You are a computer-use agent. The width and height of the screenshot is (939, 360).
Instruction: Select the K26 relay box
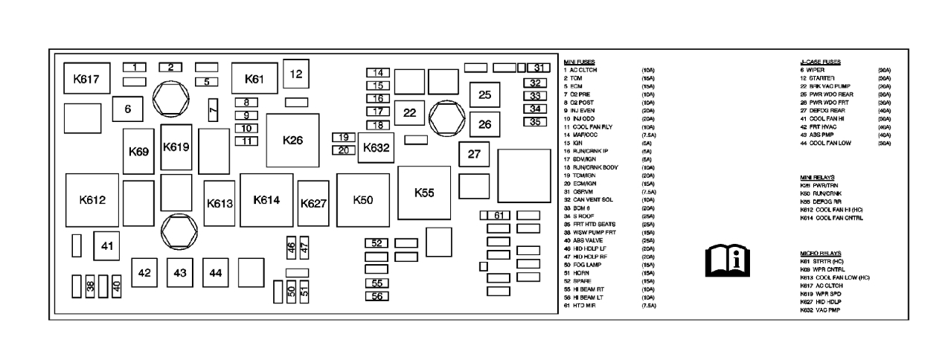(293, 140)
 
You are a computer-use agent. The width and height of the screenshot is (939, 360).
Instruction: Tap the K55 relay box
(424, 192)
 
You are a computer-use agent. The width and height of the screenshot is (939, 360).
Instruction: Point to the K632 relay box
(376, 148)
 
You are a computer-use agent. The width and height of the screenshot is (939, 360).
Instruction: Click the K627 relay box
(314, 203)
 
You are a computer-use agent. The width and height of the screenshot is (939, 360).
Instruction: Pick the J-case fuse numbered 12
(296, 74)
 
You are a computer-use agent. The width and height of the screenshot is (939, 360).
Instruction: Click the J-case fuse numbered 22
(409, 112)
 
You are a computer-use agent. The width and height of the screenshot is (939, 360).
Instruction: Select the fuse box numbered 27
(475, 155)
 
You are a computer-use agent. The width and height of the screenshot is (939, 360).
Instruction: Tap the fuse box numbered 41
(106, 246)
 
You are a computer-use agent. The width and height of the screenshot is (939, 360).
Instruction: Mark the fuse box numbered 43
(180, 273)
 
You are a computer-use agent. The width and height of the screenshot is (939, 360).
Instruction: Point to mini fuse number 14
(379, 73)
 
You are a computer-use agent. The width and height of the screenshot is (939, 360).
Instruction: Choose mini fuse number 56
(378, 296)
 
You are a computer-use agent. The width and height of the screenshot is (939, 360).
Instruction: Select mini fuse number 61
(499, 216)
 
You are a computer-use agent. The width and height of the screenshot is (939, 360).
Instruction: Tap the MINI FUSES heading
(580, 62)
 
